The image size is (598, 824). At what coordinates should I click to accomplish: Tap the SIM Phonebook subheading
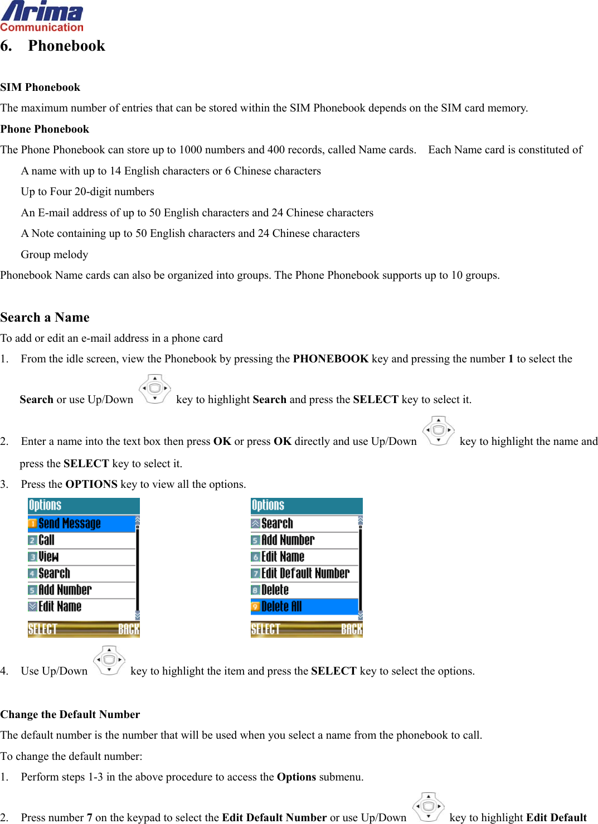pos(40,88)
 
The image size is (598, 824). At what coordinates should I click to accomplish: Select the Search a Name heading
pos(45,317)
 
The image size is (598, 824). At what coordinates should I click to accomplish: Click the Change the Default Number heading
pos(70,714)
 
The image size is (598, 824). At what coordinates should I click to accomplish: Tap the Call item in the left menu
pos(46,540)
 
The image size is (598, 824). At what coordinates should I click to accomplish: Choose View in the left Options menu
pos(48,556)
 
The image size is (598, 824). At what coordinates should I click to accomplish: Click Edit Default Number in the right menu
pos(305,573)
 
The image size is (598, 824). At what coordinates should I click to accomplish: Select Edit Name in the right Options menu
pos(283,556)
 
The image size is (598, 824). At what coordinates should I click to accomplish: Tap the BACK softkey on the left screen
pos(128,629)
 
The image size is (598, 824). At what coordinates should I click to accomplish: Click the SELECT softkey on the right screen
pos(265,629)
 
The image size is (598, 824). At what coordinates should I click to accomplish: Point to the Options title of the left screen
pos(45,506)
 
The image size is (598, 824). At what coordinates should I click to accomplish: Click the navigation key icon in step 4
pos(109,661)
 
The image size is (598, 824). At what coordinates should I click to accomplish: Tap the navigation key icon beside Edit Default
pos(428,807)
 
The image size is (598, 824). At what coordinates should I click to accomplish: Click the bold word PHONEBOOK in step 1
pos(330,359)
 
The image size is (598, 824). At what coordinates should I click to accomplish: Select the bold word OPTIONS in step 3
pos(91,484)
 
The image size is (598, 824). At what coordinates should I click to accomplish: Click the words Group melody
pos(55,255)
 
